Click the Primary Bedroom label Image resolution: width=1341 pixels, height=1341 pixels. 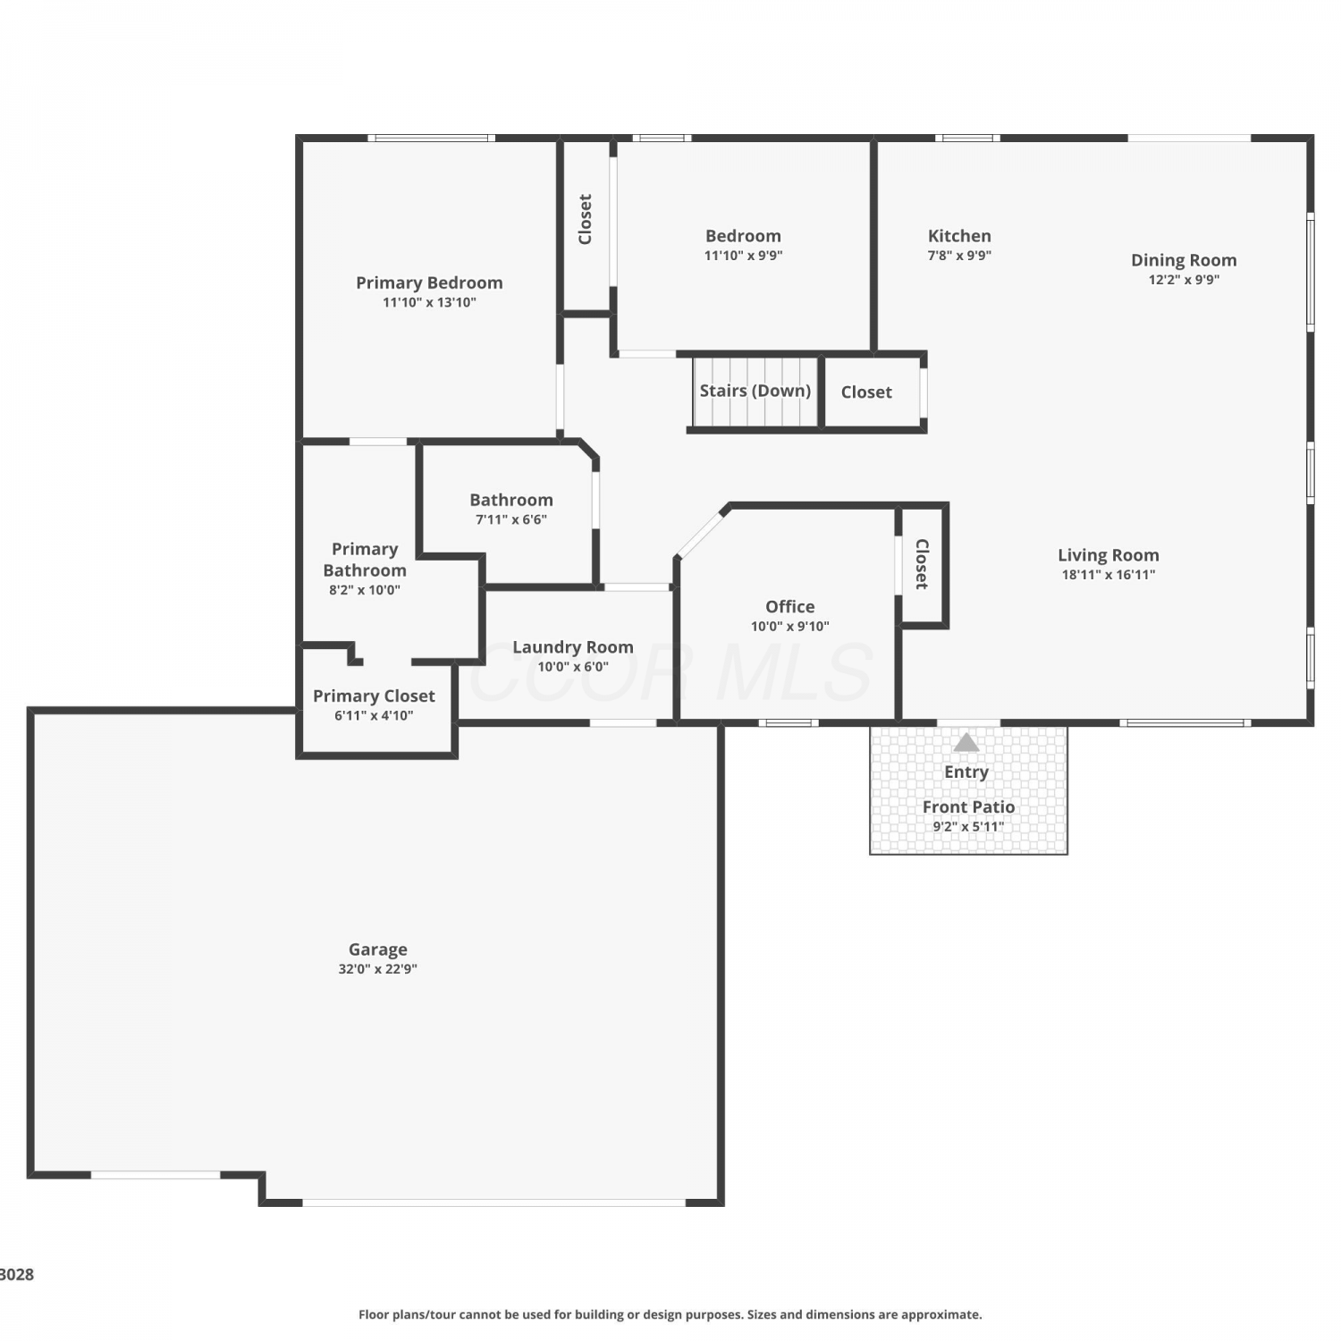coord(429,283)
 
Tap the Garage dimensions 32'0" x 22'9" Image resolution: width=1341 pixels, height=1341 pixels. coord(377,969)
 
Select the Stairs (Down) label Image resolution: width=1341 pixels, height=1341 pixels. coord(755,391)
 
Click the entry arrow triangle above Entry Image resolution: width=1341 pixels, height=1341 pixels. coord(966,742)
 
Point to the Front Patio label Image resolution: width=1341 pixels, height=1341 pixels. coord(968,807)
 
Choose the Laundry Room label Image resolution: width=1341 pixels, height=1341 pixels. coord(573,647)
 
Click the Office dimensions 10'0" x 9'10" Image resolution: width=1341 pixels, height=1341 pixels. coord(790,627)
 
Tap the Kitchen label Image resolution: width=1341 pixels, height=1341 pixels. coord(959,236)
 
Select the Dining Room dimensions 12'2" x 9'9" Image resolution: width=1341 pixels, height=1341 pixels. coord(1184,280)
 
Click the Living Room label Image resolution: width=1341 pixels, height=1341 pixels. coord(1109,555)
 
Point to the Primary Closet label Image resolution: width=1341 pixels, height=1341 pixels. coord(374,696)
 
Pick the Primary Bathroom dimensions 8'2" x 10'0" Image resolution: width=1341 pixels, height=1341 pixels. coord(365,590)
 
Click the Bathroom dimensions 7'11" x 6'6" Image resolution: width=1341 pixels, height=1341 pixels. coord(511,519)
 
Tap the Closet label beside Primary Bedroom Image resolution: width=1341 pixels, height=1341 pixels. coord(586,219)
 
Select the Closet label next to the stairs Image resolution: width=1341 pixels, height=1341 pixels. coord(866,392)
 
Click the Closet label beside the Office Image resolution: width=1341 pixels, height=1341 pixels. coord(922,564)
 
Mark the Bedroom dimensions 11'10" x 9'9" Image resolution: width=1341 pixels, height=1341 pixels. coord(743,256)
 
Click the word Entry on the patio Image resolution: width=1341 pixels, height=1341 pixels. coord(966,772)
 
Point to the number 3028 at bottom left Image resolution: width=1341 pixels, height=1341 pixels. coord(17,1275)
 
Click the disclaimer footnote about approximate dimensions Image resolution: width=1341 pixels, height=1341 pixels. coord(670,1314)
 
